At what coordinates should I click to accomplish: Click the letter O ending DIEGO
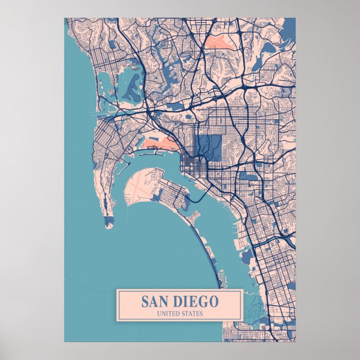(215, 301)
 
